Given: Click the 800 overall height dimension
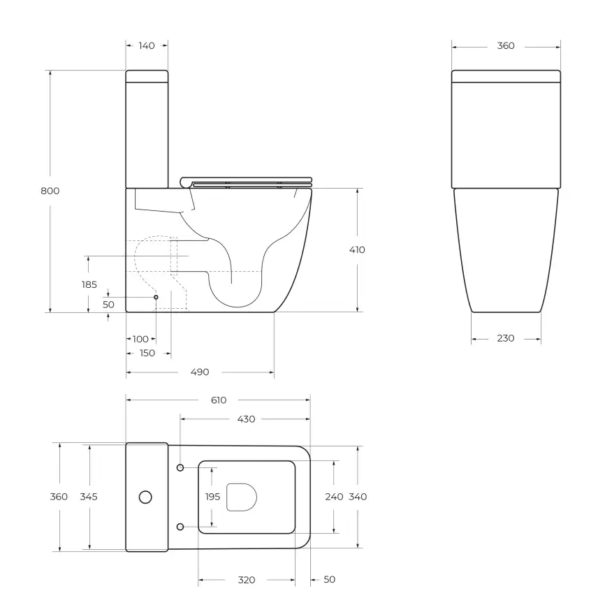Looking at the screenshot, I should tap(50, 191).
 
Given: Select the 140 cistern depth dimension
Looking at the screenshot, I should tap(147, 45).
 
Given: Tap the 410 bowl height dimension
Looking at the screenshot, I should tap(356, 249).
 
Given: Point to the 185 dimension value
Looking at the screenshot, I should tap(89, 284).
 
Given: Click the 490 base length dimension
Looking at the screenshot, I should tap(200, 372).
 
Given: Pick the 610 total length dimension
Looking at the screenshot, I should tap(218, 400).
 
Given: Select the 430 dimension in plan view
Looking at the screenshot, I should tap(246, 419).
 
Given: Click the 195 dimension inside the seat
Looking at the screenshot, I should tap(212, 497).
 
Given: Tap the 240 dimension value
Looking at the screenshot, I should tap(334, 497).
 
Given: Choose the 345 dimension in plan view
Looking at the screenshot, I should tap(89, 497).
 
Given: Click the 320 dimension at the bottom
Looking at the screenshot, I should tap(246, 580).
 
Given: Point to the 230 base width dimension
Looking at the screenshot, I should tap(506, 338).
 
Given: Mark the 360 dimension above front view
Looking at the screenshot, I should tap(506, 45).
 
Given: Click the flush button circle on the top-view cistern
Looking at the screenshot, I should tap(145, 497).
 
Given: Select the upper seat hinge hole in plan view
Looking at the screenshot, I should tap(180, 467).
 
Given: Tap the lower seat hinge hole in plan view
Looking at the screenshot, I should tap(180, 526).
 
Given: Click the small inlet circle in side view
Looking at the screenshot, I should tap(156, 298).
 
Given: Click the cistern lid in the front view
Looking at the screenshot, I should tap(506, 76).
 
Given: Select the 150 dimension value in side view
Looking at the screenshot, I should tap(147, 353).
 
